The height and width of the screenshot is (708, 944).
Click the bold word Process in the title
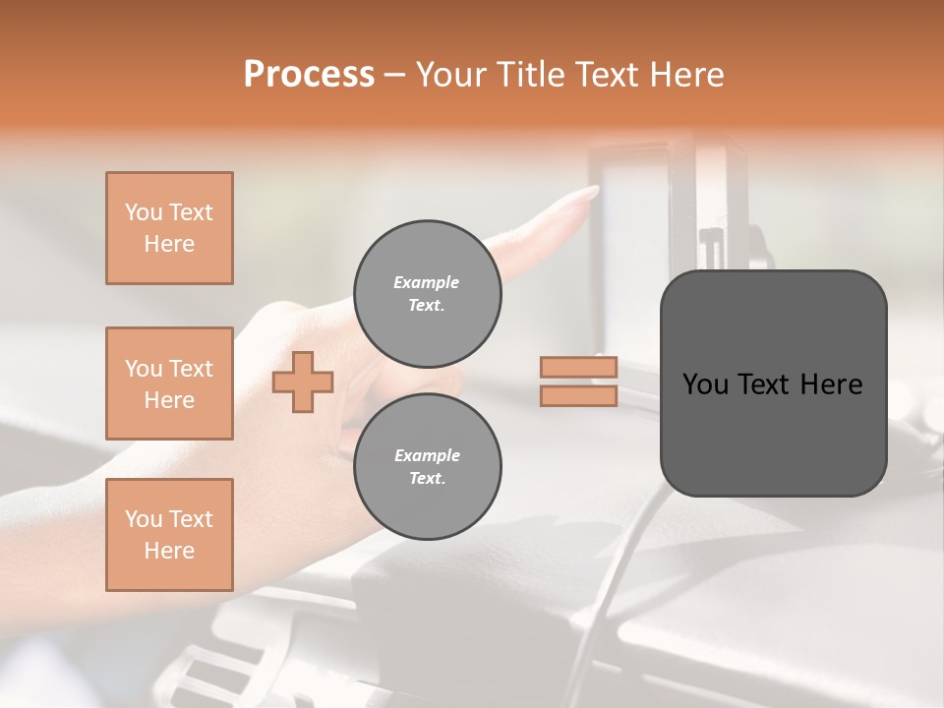click(x=309, y=75)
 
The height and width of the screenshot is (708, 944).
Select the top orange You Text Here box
click(x=169, y=228)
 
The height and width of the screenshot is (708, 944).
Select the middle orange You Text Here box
click(x=169, y=383)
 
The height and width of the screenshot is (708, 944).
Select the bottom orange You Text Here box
click(x=169, y=535)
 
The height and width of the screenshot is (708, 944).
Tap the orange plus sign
click(x=303, y=382)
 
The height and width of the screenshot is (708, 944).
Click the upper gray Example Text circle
click(x=427, y=293)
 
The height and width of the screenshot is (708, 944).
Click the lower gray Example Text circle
click(x=427, y=466)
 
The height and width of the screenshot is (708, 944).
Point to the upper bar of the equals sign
click(x=579, y=367)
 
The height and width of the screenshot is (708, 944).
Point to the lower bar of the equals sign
click(x=579, y=395)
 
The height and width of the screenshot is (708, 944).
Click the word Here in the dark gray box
click(x=831, y=384)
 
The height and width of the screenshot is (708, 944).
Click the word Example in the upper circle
click(x=427, y=282)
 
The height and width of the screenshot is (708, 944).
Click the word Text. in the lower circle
click(x=427, y=478)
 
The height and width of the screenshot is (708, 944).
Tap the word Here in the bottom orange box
click(x=169, y=551)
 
